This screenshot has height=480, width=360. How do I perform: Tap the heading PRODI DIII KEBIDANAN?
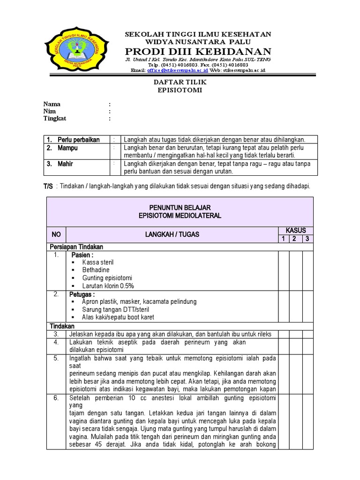coord(197,51)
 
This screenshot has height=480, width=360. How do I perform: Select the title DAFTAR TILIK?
coord(180,82)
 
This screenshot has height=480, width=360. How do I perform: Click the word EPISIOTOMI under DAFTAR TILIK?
coord(180,90)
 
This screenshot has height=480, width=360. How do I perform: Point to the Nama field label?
coord(52,104)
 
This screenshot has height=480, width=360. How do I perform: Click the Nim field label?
coord(50,111)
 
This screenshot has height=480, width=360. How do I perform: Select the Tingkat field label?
coord(55,119)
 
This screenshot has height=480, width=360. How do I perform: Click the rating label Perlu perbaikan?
coord(78,140)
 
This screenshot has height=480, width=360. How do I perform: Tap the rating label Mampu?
coord(67,148)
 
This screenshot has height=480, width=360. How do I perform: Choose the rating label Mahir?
coord(65,164)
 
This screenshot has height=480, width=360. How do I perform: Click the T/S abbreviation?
coord(48,186)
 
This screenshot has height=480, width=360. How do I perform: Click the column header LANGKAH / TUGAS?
coord(172,235)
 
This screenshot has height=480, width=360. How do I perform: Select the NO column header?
coord(56,235)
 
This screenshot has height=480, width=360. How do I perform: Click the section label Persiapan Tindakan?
coord(76,247)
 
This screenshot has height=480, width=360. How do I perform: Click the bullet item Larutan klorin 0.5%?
coord(108,285)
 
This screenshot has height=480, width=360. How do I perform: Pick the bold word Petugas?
coord(82,294)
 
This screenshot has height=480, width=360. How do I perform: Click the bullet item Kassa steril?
coord(97,262)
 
